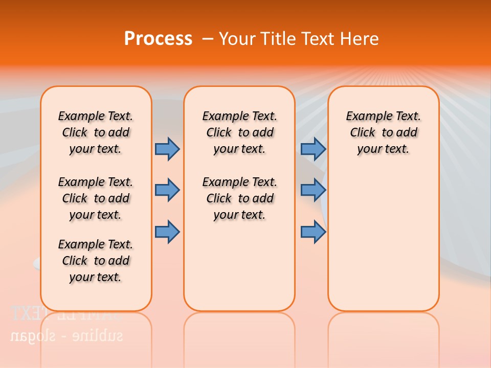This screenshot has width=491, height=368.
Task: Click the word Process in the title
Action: point(158,38)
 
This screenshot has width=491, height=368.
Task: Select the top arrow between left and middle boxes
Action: point(167,149)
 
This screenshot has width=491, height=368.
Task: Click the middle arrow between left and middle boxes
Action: point(167,190)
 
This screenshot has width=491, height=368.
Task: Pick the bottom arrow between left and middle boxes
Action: point(167,232)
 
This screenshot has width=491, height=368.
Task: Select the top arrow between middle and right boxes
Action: point(313,149)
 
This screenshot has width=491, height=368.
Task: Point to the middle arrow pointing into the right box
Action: point(313,190)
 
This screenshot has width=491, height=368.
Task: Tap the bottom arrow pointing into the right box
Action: point(313,232)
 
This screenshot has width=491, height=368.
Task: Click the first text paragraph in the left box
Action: point(96,132)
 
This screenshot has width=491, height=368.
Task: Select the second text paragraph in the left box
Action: point(96,198)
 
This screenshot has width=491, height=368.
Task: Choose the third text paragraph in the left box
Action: point(96,261)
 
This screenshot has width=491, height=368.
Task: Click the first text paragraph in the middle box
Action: point(239,132)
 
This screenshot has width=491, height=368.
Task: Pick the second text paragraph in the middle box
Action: point(239,198)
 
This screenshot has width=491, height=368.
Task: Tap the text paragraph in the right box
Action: point(383,132)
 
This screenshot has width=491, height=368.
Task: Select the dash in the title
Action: point(208,39)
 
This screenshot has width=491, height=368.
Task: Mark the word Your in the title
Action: point(237,39)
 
